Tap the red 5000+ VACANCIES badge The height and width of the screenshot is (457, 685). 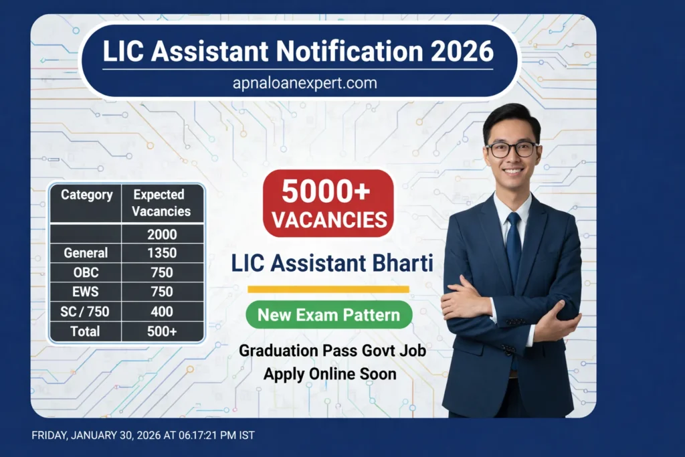[x=328, y=203]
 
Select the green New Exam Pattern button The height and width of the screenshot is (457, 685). [x=329, y=314]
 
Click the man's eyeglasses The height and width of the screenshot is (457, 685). [x=512, y=149]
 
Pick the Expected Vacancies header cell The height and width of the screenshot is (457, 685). [x=161, y=203]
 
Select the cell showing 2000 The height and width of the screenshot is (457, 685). [x=161, y=234]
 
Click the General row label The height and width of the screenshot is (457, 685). [x=86, y=254]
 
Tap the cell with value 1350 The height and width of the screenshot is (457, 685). [x=161, y=254]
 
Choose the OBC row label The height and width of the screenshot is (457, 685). [x=86, y=273]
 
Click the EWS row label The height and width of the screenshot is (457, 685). [x=86, y=292]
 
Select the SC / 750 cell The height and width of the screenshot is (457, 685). [x=86, y=312]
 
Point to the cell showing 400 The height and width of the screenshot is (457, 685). [x=161, y=312]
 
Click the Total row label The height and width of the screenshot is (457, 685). [x=86, y=331]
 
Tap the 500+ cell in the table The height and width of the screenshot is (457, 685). [x=161, y=331]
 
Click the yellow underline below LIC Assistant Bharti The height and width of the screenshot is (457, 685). [x=328, y=289]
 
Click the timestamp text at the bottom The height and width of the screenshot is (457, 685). [x=143, y=435]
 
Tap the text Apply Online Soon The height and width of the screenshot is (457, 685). [x=329, y=373]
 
